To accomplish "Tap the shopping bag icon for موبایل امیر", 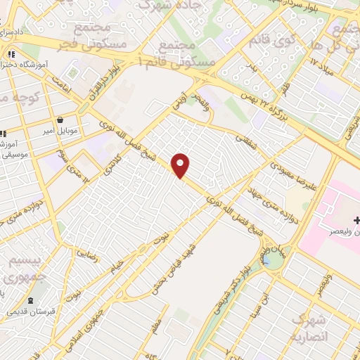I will [x=60, y=120].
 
